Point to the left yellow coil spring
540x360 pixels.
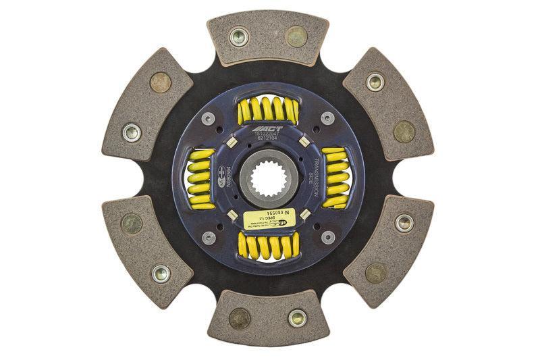[x=202, y=179]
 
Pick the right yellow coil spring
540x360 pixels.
[x=335, y=179]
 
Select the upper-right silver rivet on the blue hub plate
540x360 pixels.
[x=328, y=118]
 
